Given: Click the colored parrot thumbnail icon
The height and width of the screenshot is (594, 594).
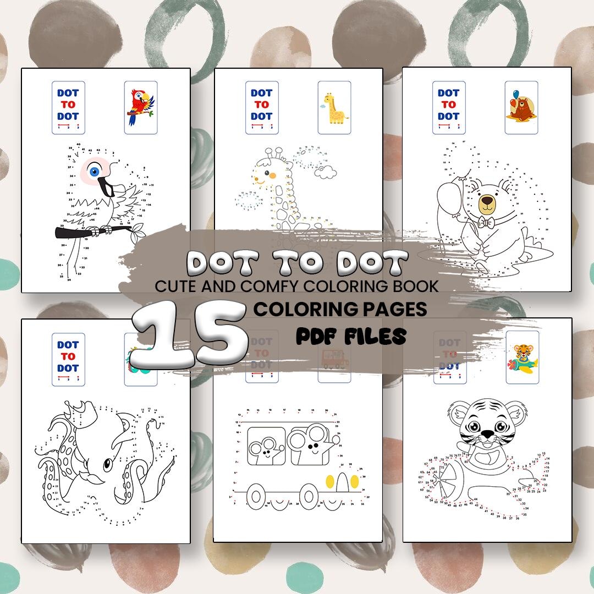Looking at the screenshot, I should coord(141,107).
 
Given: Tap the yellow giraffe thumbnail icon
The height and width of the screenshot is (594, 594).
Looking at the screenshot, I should coord(334,107).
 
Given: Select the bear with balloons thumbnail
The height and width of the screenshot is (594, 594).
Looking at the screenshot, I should coord(521,107).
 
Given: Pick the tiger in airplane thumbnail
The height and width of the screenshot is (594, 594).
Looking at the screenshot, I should coord(522,358).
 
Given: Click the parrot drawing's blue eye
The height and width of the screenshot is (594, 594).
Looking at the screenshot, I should coord(94,172).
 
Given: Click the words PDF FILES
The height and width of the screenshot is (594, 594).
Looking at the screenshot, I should coord(351,335).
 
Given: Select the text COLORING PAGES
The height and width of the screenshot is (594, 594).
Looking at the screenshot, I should coord(340,309).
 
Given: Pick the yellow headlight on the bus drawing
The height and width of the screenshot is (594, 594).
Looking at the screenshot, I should coord(331,482).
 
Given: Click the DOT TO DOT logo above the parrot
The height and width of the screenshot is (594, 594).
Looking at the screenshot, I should coord(68,107).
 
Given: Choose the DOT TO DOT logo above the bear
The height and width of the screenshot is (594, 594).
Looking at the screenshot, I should coord(449,107).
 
